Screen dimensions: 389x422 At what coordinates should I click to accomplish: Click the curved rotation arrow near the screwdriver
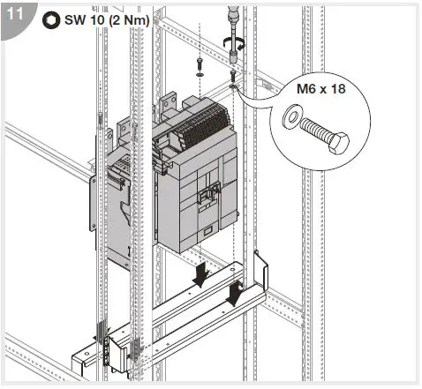point(235,41)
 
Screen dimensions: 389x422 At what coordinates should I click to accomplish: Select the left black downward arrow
point(202,275)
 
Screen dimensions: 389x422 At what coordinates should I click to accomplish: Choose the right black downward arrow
point(235,294)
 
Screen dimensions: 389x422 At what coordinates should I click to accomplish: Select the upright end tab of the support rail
point(260,269)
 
